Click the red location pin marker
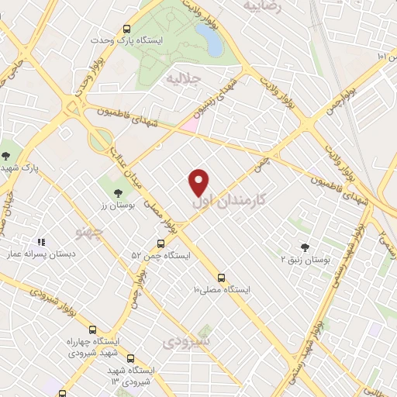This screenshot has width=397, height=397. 199,181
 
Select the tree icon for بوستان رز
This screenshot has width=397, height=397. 118,192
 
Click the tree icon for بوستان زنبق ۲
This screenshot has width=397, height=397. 305,247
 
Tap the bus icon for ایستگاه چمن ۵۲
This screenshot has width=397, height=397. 161,243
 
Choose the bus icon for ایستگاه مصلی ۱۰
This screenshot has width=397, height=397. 221,277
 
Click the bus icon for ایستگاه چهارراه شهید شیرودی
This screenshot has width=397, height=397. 93,329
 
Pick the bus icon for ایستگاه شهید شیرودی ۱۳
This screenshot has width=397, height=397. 129,359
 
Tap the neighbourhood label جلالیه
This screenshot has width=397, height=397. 180,79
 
